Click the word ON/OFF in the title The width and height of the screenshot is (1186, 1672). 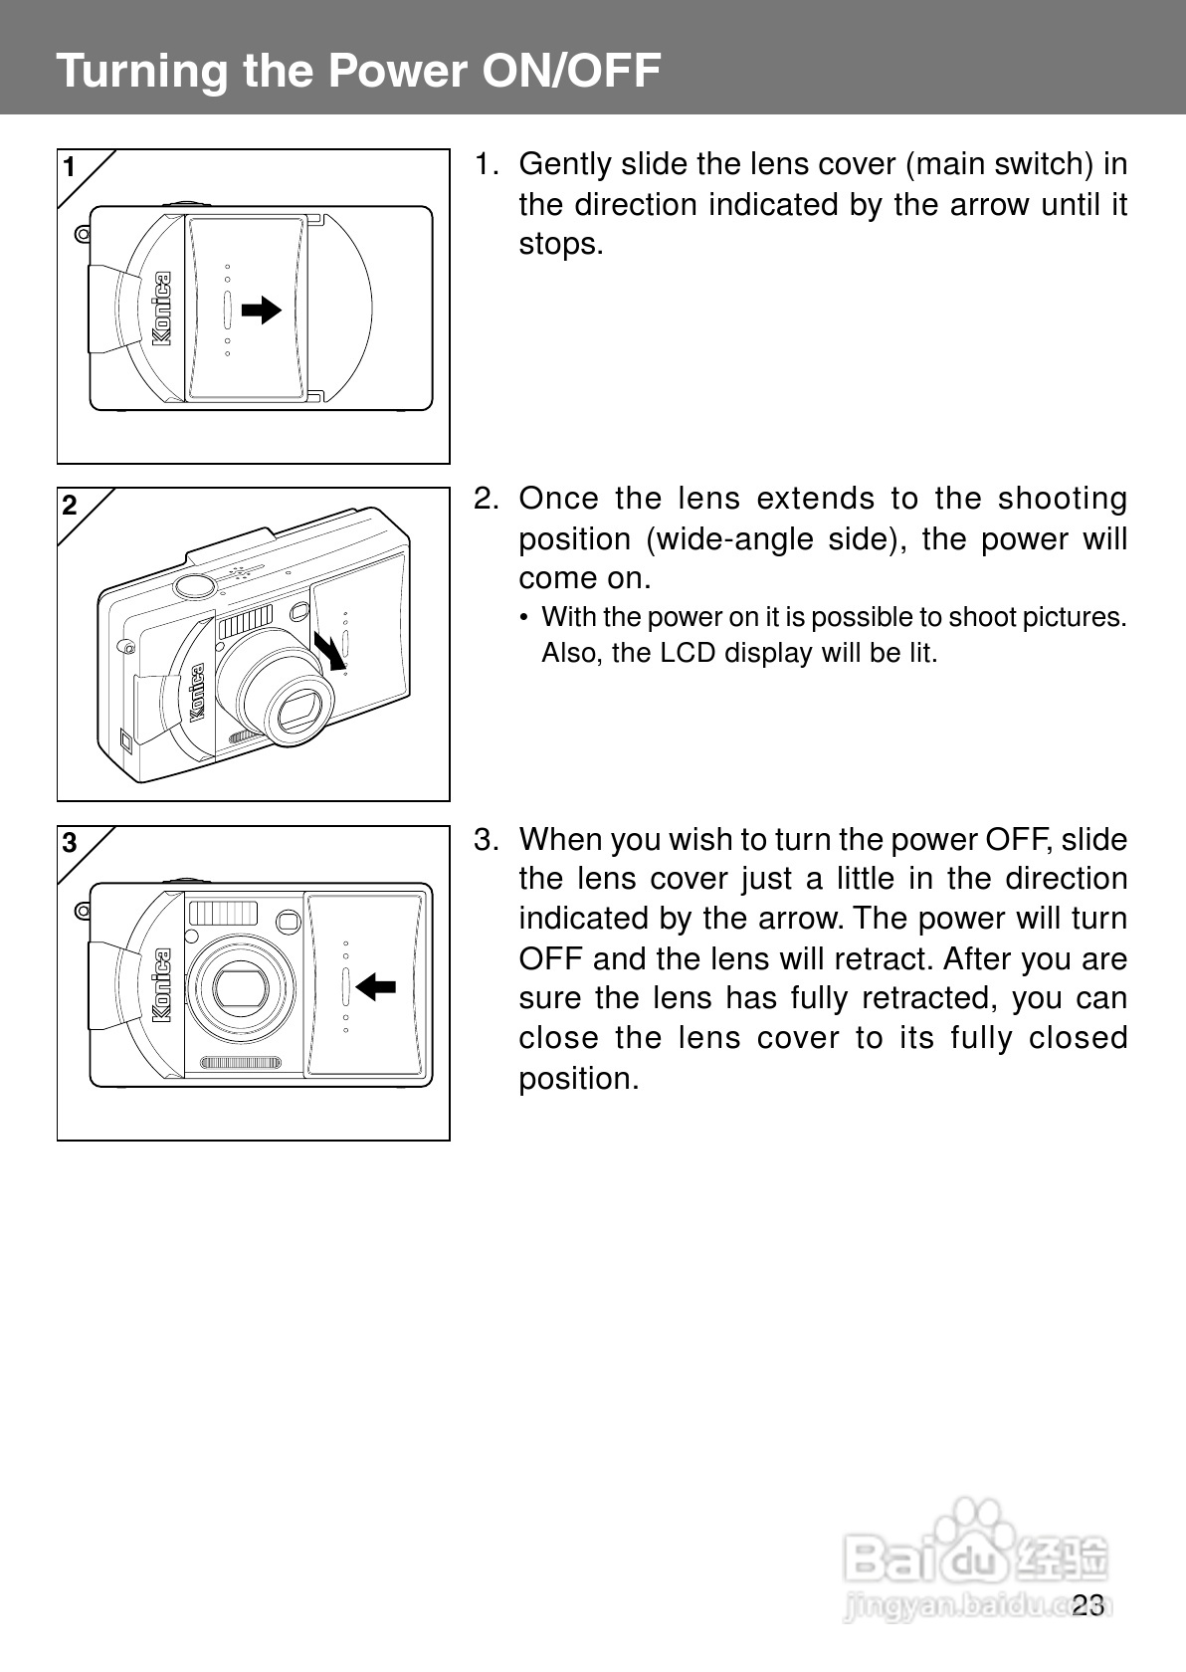click(x=571, y=71)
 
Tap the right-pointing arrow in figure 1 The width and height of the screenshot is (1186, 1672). click(x=262, y=310)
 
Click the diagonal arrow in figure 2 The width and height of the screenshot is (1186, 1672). click(x=330, y=651)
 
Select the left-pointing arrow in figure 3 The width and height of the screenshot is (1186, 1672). click(x=375, y=987)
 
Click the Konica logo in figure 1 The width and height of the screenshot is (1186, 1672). click(x=161, y=309)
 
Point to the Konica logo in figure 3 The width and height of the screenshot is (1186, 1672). click(x=161, y=985)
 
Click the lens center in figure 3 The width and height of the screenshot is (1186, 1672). click(x=241, y=987)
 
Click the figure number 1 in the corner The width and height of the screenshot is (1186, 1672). click(x=70, y=167)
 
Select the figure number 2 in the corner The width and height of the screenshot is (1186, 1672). click(x=70, y=506)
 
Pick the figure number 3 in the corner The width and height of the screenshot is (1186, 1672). click(x=70, y=844)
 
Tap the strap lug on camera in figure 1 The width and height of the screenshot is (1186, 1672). click(x=83, y=235)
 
